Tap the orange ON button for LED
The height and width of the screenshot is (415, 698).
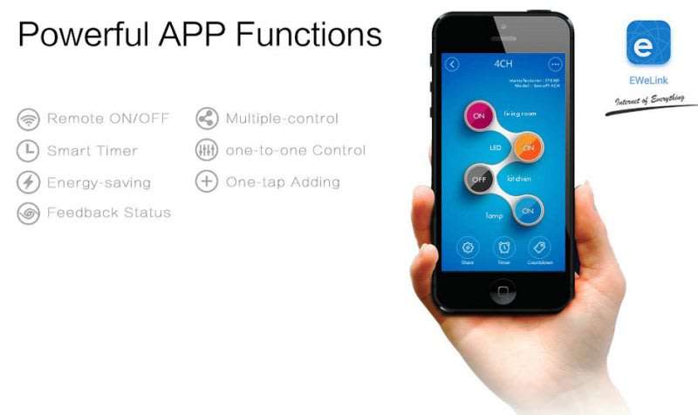point(528,147)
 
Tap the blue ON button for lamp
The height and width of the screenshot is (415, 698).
point(527,210)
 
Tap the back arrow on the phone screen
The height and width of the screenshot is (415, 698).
point(452,64)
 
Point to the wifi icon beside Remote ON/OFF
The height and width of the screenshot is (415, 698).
point(29,119)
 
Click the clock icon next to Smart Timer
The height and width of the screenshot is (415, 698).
point(29,150)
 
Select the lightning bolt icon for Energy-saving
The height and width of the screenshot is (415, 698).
point(29,182)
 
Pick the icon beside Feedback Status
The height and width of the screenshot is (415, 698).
point(29,214)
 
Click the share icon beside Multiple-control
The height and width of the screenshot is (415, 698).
point(207,119)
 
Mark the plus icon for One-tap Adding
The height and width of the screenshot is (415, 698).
point(207,182)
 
